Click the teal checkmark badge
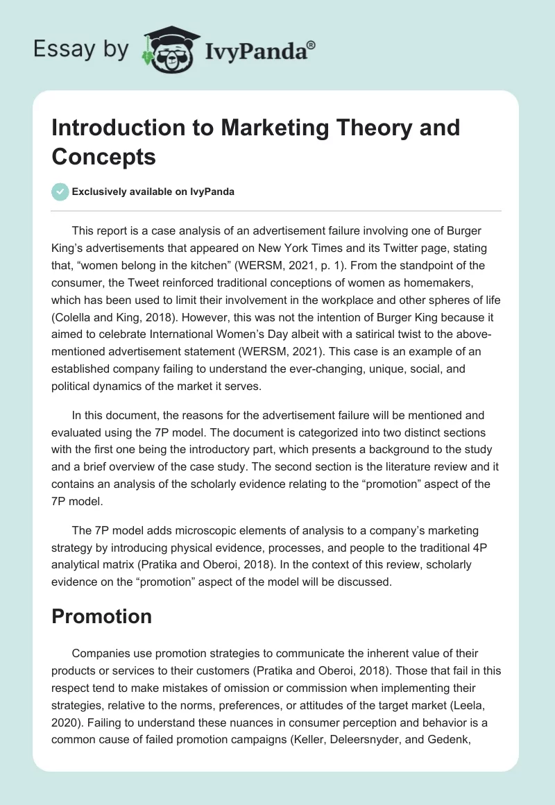pos(60,192)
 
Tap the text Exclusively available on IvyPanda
pos(154,192)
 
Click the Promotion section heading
pos(101,616)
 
